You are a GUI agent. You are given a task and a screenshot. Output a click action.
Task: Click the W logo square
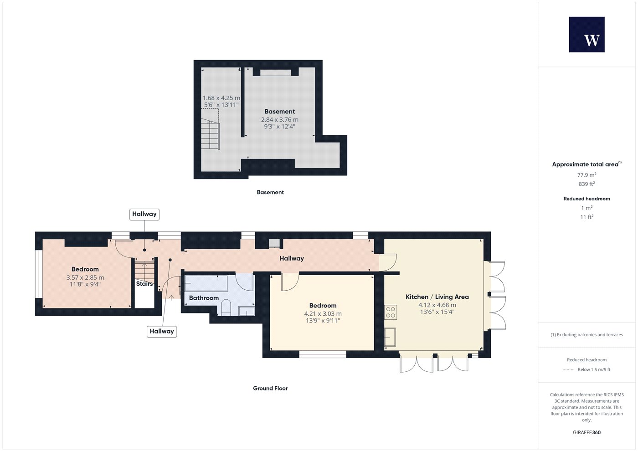tap(587, 35)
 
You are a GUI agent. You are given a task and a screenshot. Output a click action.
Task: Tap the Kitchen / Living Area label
tap(437, 297)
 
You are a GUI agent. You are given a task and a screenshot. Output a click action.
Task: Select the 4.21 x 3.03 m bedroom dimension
tap(323, 313)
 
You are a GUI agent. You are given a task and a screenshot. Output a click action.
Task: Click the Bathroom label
tap(204, 298)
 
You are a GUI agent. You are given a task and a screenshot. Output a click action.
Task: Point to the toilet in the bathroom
tap(226, 307)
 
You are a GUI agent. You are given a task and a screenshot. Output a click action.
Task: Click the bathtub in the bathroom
tap(206, 283)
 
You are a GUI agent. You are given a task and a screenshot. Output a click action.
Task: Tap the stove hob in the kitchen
tap(391, 313)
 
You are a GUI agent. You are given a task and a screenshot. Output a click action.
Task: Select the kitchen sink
tap(390, 337)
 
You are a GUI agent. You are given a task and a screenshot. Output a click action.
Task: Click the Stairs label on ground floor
tap(144, 283)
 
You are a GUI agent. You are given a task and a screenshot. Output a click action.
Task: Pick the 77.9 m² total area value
tap(587, 175)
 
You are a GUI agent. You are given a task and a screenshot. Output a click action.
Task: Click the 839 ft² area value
tap(587, 184)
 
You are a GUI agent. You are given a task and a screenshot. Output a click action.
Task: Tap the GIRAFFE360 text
tap(587, 432)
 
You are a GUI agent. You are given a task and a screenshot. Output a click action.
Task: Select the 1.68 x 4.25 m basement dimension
tap(221, 98)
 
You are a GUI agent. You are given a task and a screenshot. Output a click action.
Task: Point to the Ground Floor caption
tap(270, 388)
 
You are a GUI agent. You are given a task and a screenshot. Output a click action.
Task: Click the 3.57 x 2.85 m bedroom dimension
tap(85, 277)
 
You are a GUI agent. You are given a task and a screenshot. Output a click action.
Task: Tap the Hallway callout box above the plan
tap(144, 214)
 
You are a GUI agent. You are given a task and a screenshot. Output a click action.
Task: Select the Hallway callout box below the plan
tap(162, 332)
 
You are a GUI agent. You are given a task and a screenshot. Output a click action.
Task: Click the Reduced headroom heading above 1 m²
tap(587, 199)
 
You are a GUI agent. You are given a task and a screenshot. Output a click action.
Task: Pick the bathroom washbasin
tap(247, 311)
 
